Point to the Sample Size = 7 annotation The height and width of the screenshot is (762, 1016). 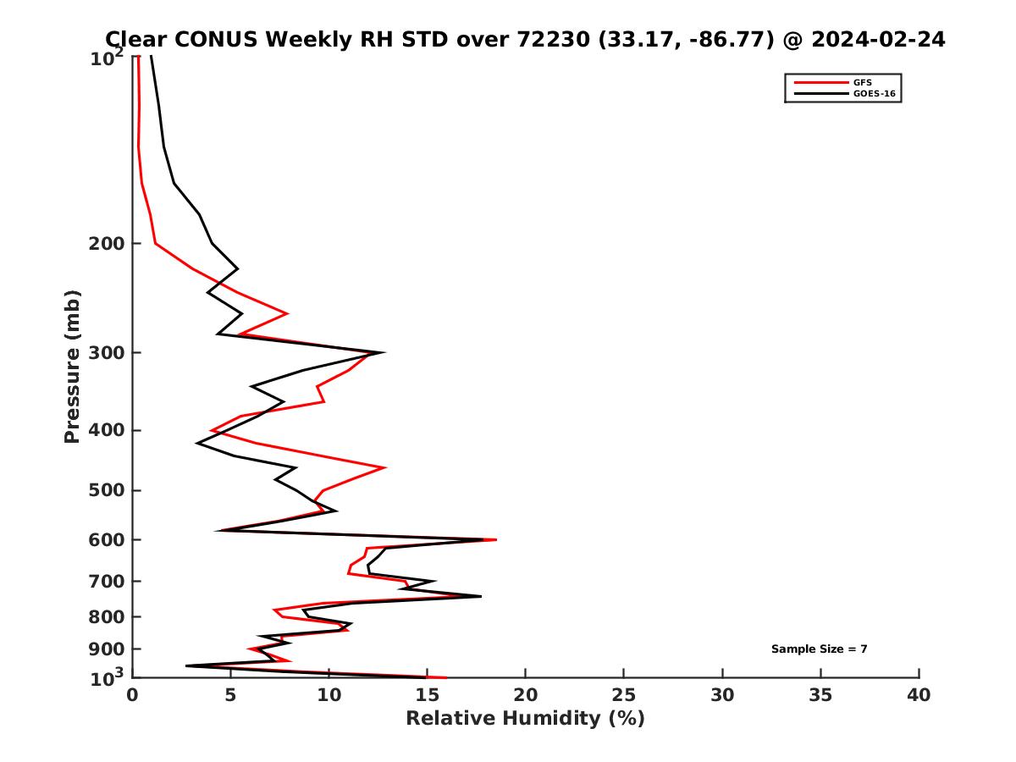click(819, 649)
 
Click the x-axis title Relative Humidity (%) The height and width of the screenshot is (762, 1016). click(525, 719)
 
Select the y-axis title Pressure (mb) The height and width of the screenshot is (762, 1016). click(72, 366)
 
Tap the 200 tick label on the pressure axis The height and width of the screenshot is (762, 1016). click(106, 244)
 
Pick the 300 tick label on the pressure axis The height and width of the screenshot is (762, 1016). click(106, 353)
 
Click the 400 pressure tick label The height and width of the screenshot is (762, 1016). click(106, 430)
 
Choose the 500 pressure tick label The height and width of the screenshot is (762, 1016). click(106, 490)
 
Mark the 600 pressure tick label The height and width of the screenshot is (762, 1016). click(106, 539)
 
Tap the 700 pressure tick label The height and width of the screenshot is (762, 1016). click(106, 581)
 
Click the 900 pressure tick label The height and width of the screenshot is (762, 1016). click(106, 649)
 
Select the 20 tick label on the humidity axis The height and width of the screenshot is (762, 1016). click(526, 695)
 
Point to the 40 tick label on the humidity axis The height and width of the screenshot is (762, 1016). click(919, 695)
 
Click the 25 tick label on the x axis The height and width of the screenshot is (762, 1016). click(624, 695)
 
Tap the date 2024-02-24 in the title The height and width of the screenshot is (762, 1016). click(876, 40)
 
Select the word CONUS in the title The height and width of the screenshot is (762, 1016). click(212, 40)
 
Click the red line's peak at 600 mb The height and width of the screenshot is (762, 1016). click(496, 539)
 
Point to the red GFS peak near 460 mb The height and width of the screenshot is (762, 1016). click(385, 467)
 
